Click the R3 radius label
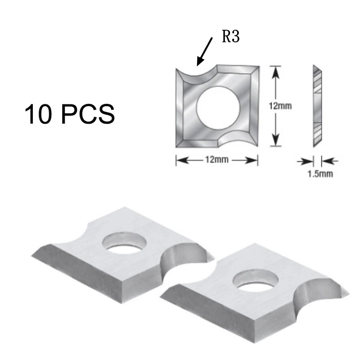(230, 37)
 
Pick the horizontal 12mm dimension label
(216, 161)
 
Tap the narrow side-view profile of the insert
(317, 106)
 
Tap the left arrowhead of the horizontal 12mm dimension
(179, 161)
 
